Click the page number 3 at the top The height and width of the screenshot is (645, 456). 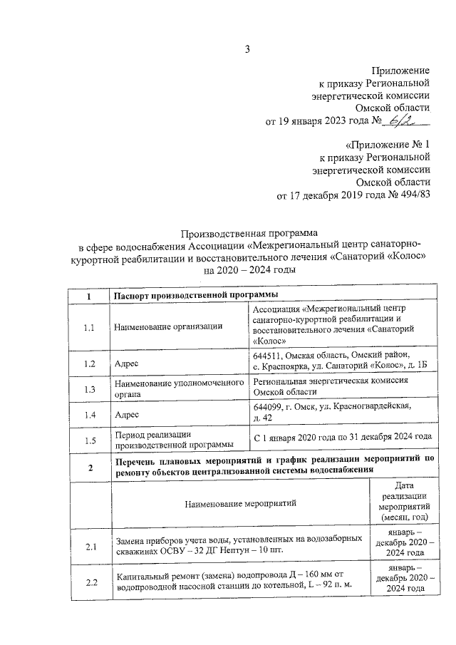(x=248, y=49)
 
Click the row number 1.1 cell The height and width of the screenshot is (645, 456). (x=89, y=327)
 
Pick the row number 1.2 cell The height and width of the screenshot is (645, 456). (x=89, y=363)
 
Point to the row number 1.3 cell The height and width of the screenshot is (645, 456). (x=89, y=389)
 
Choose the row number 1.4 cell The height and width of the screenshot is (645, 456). (x=89, y=414)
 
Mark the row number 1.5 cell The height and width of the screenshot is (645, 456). (x=89, y=440)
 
